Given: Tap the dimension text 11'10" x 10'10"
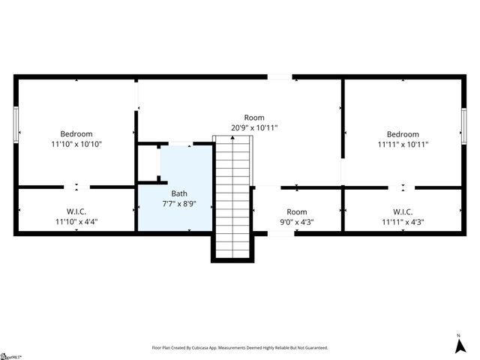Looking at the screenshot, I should (76, 144).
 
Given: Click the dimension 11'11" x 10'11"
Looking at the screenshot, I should (403, 145).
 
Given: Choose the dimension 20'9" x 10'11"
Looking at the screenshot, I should (254, 128).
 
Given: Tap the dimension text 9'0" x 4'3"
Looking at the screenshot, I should (297, 223).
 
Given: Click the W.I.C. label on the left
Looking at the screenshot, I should (76, 211).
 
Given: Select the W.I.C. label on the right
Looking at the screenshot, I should (403, 212).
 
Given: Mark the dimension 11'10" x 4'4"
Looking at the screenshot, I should (76, 223).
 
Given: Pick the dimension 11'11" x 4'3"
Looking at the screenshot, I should (403, 223).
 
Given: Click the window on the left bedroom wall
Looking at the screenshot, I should (16, 124).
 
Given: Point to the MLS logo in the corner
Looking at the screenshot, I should (10, 355).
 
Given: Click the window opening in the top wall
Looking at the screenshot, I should (280, 76).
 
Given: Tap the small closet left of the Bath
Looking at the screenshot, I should (148, 163).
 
